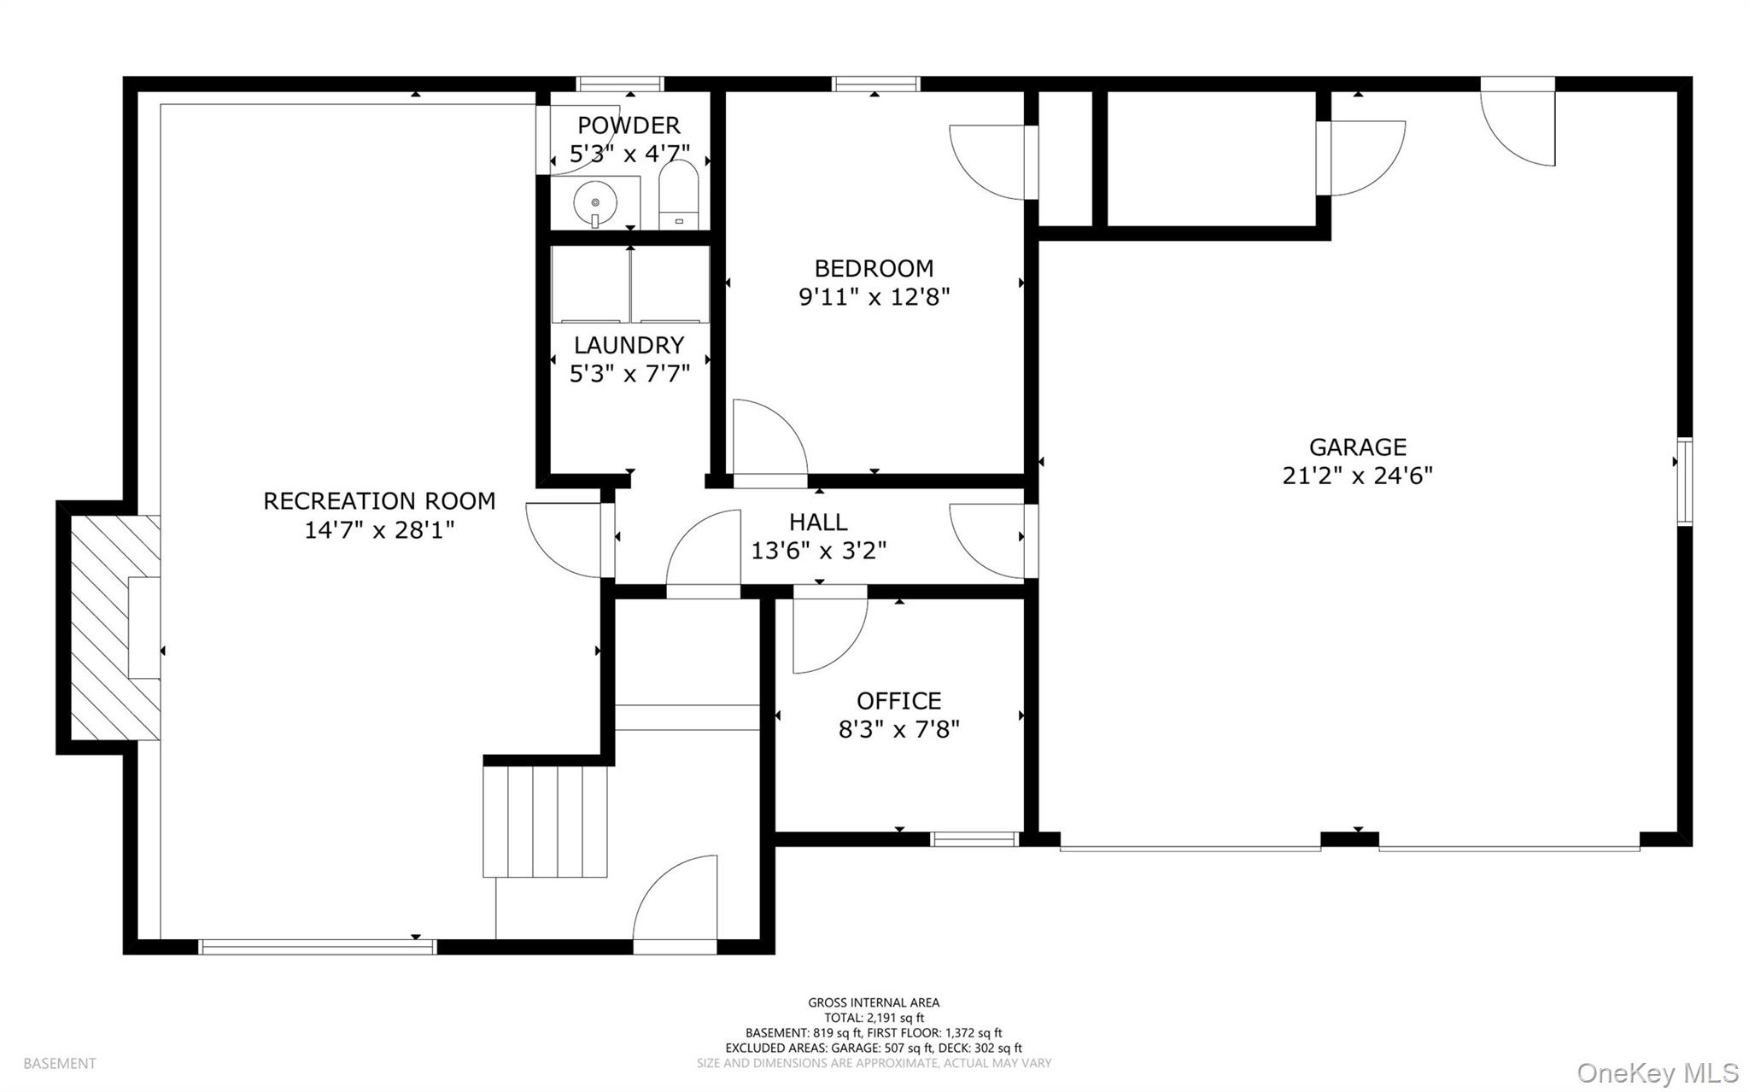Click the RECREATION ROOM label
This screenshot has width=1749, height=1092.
[x=379, y=501]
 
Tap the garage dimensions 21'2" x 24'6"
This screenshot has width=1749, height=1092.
[x=1357, y=476]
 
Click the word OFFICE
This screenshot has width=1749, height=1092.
[x=898, y=701]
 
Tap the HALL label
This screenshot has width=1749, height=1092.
[x=818, y=522]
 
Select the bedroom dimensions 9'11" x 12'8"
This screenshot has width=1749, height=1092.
[x=874, y=297]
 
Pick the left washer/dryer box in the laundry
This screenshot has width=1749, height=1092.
[x=590, y=284]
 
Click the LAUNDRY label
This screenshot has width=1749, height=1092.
[x=629, y=345]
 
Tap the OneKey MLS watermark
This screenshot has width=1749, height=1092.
[x=1658, y=1072]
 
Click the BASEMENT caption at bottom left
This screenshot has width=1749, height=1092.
[x=60, y=1064]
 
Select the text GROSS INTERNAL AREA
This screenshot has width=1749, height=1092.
[x=874, y=1002]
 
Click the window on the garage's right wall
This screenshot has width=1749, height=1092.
[x=1684, y=481]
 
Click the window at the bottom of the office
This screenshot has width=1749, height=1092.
[x=974, y=838]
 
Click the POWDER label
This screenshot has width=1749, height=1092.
[x=629, y=126]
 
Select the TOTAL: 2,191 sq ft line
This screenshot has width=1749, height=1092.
[x=874, y=1018]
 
